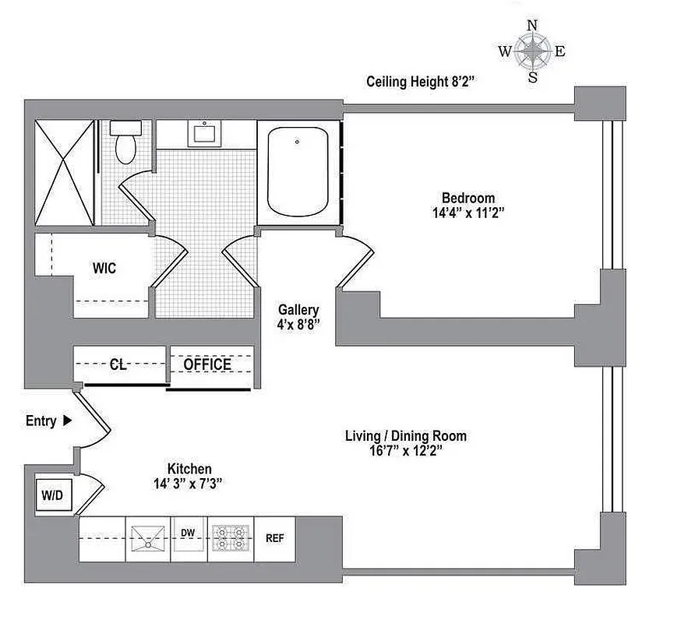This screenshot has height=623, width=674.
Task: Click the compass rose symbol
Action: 533,51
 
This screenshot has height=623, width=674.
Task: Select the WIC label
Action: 104,269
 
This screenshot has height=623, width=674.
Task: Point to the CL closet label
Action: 118,364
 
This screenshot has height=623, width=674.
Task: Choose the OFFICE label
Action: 207,364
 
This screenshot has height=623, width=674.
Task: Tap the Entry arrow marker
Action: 67,421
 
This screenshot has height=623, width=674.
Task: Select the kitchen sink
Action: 147,537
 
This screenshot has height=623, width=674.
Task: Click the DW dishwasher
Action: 188,534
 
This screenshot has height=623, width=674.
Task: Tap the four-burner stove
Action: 230,537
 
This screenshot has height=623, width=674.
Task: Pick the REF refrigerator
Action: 274,537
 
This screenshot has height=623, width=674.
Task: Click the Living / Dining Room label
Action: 405,436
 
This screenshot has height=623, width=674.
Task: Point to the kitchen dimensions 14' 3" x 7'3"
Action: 190,484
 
